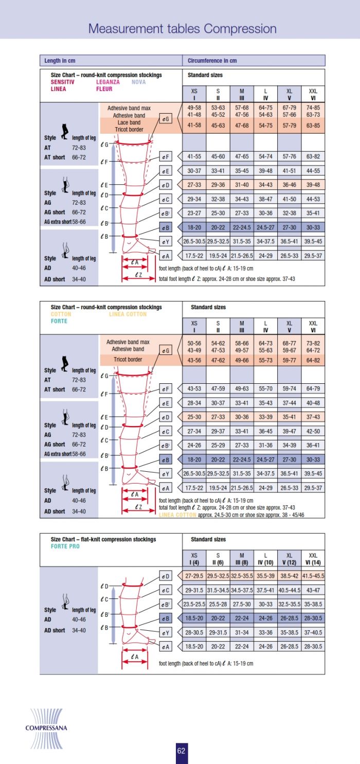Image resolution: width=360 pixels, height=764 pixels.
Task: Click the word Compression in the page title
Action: pos(240,29)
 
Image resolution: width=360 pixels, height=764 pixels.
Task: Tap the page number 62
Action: pos(181,751)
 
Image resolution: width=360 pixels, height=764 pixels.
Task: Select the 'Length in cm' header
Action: pos(60,61)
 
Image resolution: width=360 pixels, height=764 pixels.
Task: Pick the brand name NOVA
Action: pos(138,82)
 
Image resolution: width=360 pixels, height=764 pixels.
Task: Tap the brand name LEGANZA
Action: pos(108,82)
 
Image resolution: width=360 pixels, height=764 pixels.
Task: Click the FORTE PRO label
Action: pos(65,546)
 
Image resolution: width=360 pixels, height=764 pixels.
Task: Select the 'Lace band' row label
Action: pos(129,123)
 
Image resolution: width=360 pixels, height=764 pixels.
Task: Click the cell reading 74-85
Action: pos(313,108)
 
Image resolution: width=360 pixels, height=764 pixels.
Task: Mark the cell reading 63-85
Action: pos(313,126)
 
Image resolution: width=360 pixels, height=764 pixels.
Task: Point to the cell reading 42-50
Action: pos(313,431)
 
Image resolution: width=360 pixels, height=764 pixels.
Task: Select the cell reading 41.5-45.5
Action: pos(313,576)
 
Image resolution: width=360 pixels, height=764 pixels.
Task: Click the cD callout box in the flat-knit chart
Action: pos(166,576)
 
